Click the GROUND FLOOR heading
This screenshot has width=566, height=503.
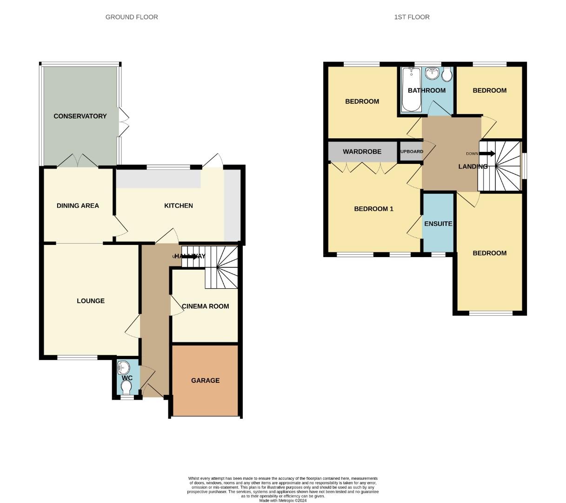(x=132, y=17)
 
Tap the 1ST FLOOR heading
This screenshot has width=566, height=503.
(x=412, y=17)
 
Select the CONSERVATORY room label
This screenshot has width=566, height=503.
(x=80, y=116)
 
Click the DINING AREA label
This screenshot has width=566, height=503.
(x=78, y=206)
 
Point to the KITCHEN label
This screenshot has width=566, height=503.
(x=179, y=206)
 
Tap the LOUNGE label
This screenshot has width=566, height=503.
(x=91, y=301)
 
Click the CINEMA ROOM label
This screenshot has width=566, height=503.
(x=205, y=306)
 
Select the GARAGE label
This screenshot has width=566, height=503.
(x=205, y=381)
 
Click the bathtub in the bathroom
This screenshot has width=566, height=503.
(x=411, y=89)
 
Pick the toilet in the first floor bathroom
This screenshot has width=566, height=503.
(x=447, y=75)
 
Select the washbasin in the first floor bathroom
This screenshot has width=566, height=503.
(x=432, y=73)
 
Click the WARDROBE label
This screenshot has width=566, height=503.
(x=362, y=152)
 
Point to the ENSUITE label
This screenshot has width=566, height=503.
(x=438, y=224)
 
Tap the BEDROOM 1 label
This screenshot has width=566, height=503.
(x=373, y=209)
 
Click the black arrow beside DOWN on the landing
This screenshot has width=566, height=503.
(x=487, y=154)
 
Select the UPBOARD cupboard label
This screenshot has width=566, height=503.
(x=411, y=152)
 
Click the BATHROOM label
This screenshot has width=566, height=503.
(x=426, y=91)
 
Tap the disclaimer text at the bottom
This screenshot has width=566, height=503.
(x=283, y=489)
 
